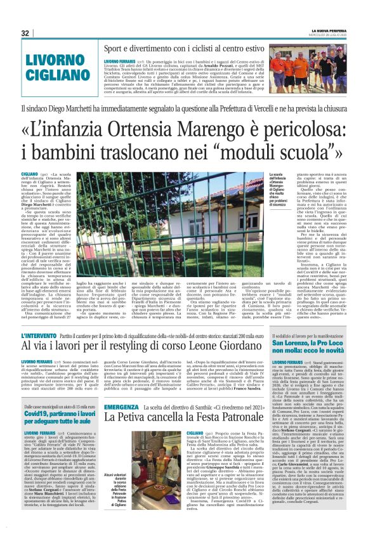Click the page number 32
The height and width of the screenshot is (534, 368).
25,33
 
